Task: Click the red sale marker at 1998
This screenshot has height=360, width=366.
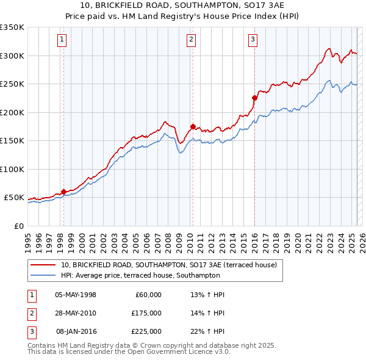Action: coord(63,192)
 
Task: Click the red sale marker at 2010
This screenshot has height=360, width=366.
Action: coord(192,127)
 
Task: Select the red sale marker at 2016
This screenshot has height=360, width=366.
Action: coord(254,97)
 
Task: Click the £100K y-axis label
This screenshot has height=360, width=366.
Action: coord(12,169)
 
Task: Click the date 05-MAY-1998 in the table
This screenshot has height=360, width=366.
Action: coord(76,295)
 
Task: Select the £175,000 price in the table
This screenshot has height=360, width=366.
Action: coord(146,313)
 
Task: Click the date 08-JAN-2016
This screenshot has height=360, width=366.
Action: coord(76,331)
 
